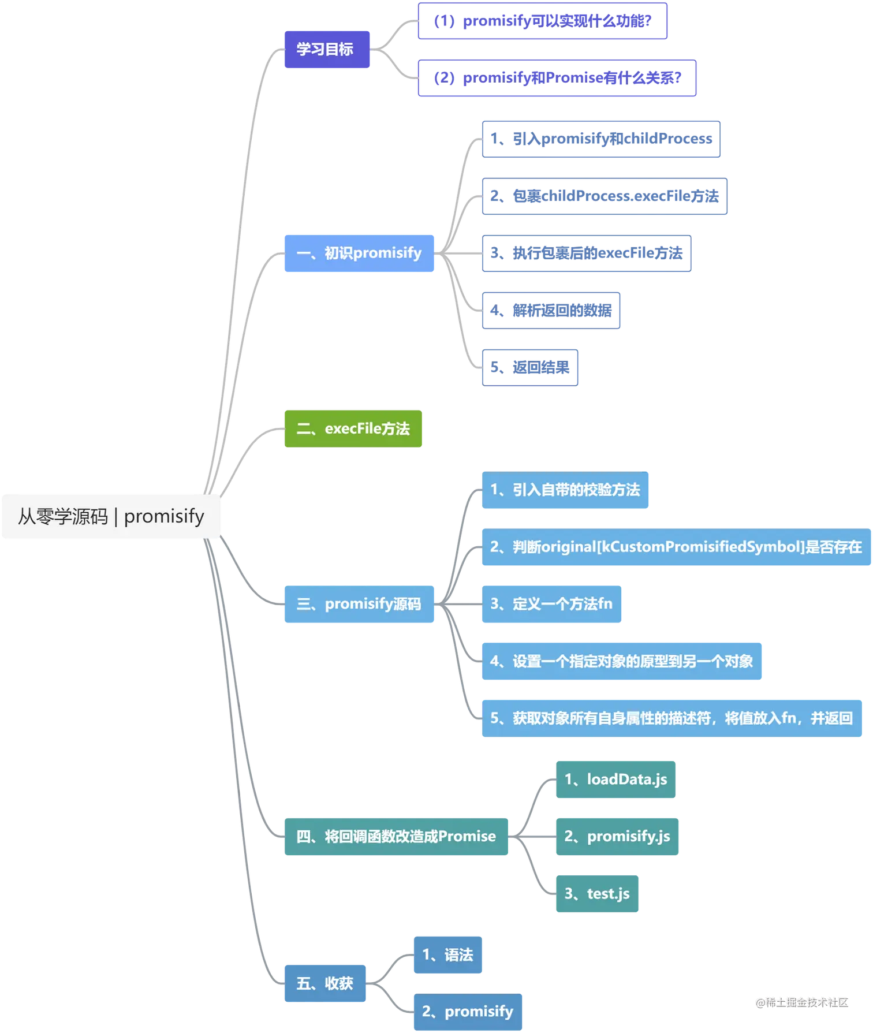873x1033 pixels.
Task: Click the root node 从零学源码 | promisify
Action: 110,516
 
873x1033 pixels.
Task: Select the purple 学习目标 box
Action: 326,49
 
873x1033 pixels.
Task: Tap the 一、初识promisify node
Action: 359,253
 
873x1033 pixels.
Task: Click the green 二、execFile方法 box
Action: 353,428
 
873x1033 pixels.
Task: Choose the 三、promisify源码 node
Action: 359,604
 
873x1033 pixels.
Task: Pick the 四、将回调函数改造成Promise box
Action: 396,836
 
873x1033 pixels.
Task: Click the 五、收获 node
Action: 324,983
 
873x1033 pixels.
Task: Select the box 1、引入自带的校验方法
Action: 565,490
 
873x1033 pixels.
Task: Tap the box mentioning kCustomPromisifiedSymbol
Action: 676,547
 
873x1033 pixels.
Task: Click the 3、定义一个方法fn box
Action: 551,604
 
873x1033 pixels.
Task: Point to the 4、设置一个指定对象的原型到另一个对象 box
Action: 621,661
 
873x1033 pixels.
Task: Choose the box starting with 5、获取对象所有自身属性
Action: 671,718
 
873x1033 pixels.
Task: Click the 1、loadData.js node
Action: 615,780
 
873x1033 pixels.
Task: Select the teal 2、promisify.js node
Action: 617,836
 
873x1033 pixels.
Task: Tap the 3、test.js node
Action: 597,893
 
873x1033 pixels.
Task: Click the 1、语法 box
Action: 447,954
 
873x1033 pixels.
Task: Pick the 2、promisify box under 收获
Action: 468,1011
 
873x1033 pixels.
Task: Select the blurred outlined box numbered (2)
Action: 557,78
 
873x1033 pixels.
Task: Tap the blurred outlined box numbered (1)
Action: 542,21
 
